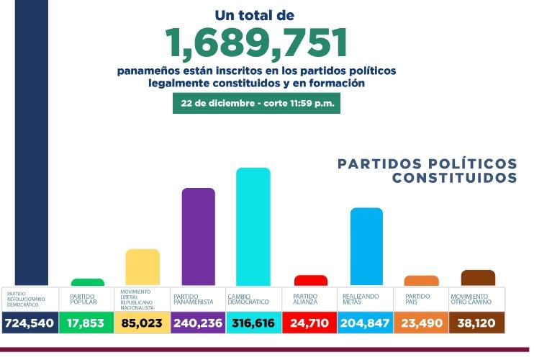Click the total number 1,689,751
257,42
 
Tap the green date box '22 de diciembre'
256,103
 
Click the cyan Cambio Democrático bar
253,226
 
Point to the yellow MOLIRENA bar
143,267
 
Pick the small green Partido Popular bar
87,282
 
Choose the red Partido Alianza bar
311,280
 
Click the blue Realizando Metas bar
366,246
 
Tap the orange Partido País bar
421,281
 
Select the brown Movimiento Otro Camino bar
477,278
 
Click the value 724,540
29,323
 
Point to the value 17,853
86,323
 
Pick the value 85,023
143,323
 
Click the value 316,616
253,323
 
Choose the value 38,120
477,323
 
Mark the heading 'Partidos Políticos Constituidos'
428,171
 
